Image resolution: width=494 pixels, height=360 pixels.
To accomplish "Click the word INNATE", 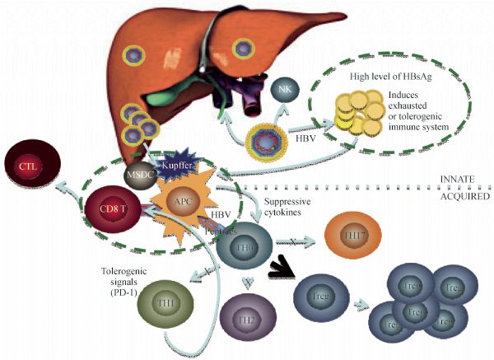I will pyautogui.click(x=463, y=180).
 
